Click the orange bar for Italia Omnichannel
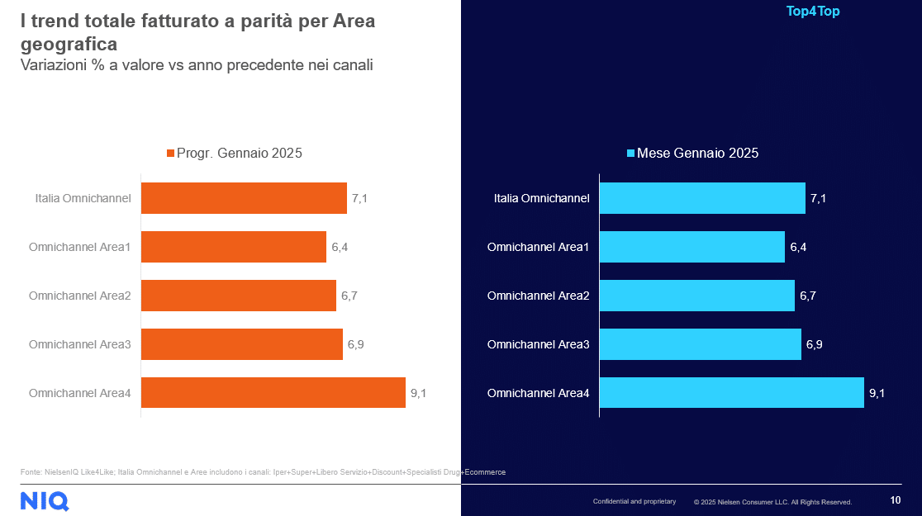[x=244, y=198]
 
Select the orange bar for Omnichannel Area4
[x=273, y=393]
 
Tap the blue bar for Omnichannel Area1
[x=691, y=247]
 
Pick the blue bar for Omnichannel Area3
[x=700, y=344]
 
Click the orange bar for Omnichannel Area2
[x=239, y=296]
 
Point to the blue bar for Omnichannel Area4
[x=731, y=393]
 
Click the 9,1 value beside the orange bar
[x=418, y=393]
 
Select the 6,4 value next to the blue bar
[x=798, y=247]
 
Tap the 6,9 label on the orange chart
[x=356, y=344]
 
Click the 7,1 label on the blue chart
[x=819, y=198]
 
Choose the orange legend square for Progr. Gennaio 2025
[x=171, y=154]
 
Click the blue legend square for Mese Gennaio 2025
[x=630, y=154]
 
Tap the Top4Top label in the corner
[x=813, y=12]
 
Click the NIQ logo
[x=45, y=500]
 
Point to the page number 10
[x=896, y=500]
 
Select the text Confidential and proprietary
[x=634, y=501]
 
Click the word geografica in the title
[x=69, y=43]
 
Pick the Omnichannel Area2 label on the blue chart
[x=538, y=296]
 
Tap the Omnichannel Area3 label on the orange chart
[x=80, y=344]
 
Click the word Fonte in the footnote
[x=32, y=472]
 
